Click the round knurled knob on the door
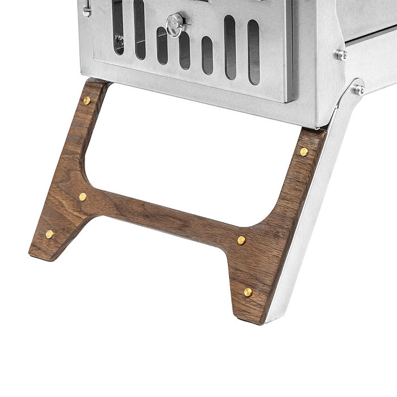pyautogui.click(x=175, y=23)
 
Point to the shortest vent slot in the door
pyautogui.click(x=207, y=54)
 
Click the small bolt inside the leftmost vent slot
pyautogui.click(x=120, y=40)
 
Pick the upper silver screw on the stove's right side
pyautogui.click(x=341, y=55)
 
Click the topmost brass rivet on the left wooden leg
pyautogui.click(x=87, y=101)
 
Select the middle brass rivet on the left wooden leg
pyautogui.click(x=83, y=197)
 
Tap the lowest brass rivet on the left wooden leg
pyautogui.click(x=50, y=234)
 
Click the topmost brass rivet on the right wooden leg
pyautogui.click(x=304, y=152)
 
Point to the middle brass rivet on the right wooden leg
pyautogui.click(x=241, y=240)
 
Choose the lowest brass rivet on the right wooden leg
pyautogui.click(x=248, y=292)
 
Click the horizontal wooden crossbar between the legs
pyautogui.click(x=164, y=213)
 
